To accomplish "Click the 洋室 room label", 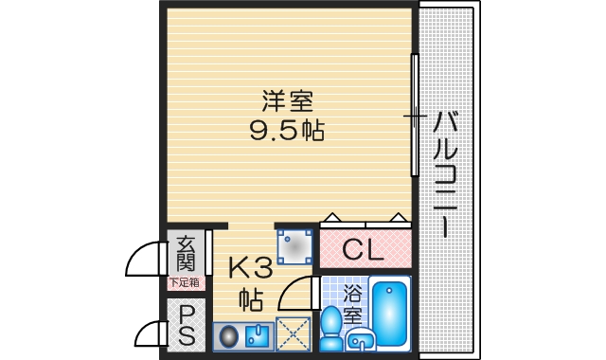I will [x=287, y=99].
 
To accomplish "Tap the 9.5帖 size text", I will [x=287, y=132].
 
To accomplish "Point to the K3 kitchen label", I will [x=250, y=269].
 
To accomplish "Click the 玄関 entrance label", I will [x=185, y=253].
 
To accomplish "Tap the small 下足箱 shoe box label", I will [x=185, y=281].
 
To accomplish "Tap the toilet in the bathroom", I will [x=332, y=330].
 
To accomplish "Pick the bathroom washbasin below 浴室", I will [x=360, y=338].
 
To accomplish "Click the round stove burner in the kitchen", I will [x=228, y=335].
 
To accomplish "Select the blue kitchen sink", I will [x=257, y=335].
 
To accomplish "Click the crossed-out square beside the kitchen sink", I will [x=294, y=333].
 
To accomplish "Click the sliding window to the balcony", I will [x=414, y=116].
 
